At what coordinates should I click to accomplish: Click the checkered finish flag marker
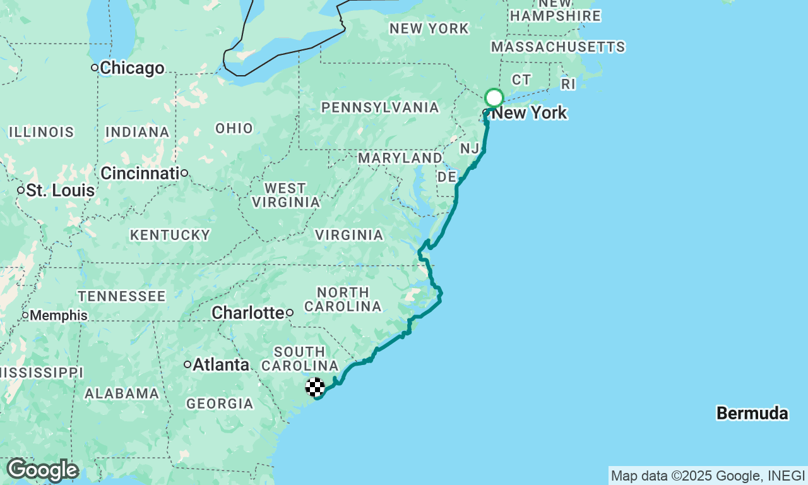tap(315, 387)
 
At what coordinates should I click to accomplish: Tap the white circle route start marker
tap(494, 98)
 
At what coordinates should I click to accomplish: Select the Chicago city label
tap(132, 68)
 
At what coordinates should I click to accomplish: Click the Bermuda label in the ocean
tap(752, 414)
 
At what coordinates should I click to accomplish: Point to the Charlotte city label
tap(248, 313)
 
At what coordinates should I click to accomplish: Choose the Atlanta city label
tap(220, 364)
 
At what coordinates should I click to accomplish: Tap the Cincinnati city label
tap(140, 172)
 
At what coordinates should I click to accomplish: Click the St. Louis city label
tap(60, 190)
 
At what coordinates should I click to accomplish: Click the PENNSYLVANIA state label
tap(380, 107)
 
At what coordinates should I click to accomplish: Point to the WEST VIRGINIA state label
tap(286, 195)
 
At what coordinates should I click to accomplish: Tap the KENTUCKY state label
tap(170, 235)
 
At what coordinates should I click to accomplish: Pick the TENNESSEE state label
tap(122, 296)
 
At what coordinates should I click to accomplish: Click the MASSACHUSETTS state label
tap(558, 47)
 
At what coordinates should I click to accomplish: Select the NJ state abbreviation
tap(470, 148)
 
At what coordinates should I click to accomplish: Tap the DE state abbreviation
tap(447, 176)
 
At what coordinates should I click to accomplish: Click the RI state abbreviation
tap(568, 84)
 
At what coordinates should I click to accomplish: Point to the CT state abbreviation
tap(521, 79)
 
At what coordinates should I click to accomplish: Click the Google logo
tap(42, 470)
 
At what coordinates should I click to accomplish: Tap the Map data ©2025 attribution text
tap(707, 476)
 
